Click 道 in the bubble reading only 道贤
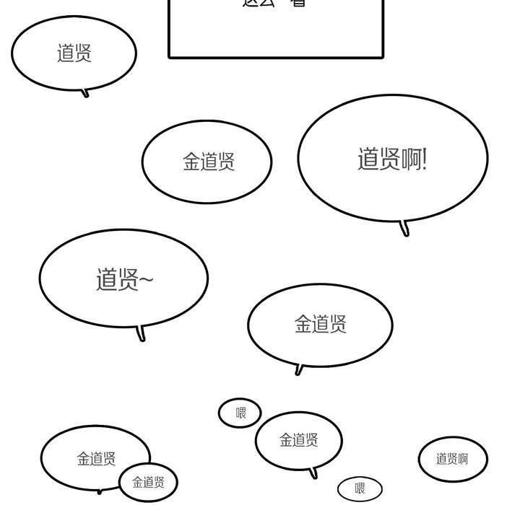coord(65,53)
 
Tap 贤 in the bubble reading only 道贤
coord(83,53)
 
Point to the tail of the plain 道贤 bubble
coord(86,93)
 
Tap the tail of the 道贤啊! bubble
coord(405,230)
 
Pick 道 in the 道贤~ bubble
coord(106,279)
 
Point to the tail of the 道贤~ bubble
coord(141,334)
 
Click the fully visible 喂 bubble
coord(240,413)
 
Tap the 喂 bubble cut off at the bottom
coord(360,490)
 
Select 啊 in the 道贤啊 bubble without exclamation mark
coord(462,459)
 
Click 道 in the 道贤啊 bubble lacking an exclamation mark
coord(441,459)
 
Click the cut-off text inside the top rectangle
coord(274,4)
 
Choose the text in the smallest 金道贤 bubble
coord(148,483)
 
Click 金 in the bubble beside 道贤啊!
coord(191,162)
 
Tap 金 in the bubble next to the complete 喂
coord(286,439)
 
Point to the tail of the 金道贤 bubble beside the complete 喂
coord(313,474)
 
